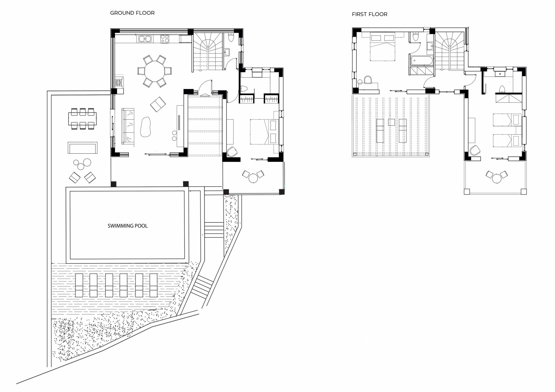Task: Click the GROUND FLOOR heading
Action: tap(132, 13)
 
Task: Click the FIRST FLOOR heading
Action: tap(369, 14)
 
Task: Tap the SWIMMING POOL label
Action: tap(127, 226)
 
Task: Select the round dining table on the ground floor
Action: tap(154, 71)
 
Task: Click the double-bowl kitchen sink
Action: tap(145, 39)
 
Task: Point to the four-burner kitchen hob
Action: tap(164, 39)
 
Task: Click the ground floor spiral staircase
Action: tap(208, 51)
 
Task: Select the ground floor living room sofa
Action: tap(128, 126)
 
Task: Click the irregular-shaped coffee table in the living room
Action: tap(145, 127)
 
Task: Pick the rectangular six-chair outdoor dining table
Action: tap(82, 118)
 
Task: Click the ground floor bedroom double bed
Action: tap(264, 132)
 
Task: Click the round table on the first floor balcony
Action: tap(497, 178)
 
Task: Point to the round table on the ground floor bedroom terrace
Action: tap(253, 178)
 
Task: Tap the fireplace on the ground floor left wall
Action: tap(119, 83)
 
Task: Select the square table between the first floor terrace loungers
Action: tap(391, 122)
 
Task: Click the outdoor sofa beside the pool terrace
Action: tap(82, 148)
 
